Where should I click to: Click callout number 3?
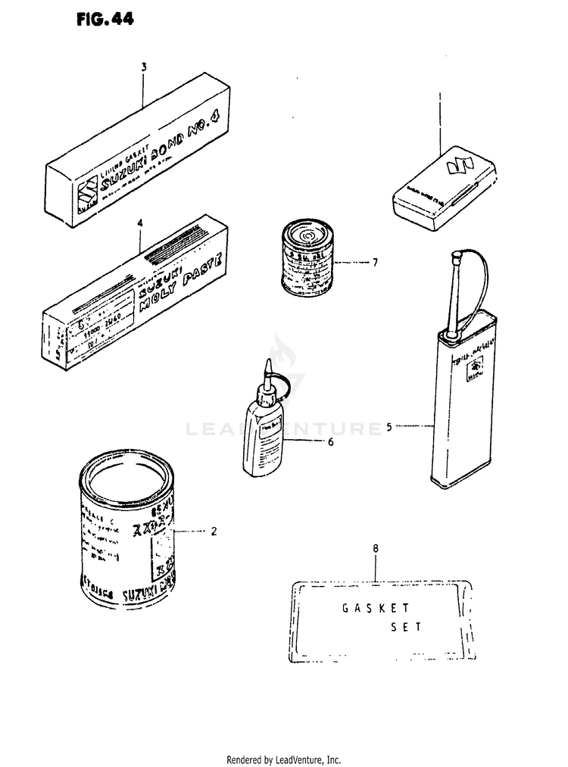pos(143,67)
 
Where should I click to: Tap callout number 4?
pos(140,223)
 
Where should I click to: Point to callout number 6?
pos(330,442)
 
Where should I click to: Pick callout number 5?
pos(389,427)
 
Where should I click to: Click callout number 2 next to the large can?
pos(214,531)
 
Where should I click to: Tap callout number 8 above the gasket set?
pos(376,547)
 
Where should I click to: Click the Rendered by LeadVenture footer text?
pos(284,759)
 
